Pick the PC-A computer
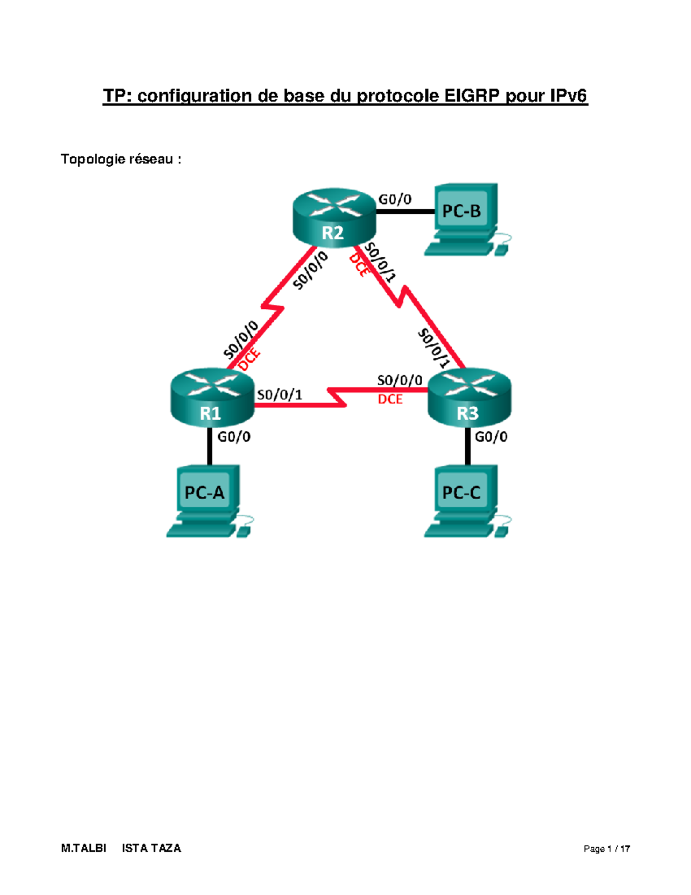click(208, 501)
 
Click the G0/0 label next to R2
click(395, 199)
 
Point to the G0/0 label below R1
click(234, 437)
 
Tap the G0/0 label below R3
click(491, 437)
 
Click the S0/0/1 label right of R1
click(279, 394)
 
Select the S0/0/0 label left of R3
click(400, 380)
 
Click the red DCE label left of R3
click(390, 399)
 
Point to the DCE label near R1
click(250, 360)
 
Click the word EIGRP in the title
click(472, 96)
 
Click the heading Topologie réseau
click(121, 159)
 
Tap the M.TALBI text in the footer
click(83, 848)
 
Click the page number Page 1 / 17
click(606, 848)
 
